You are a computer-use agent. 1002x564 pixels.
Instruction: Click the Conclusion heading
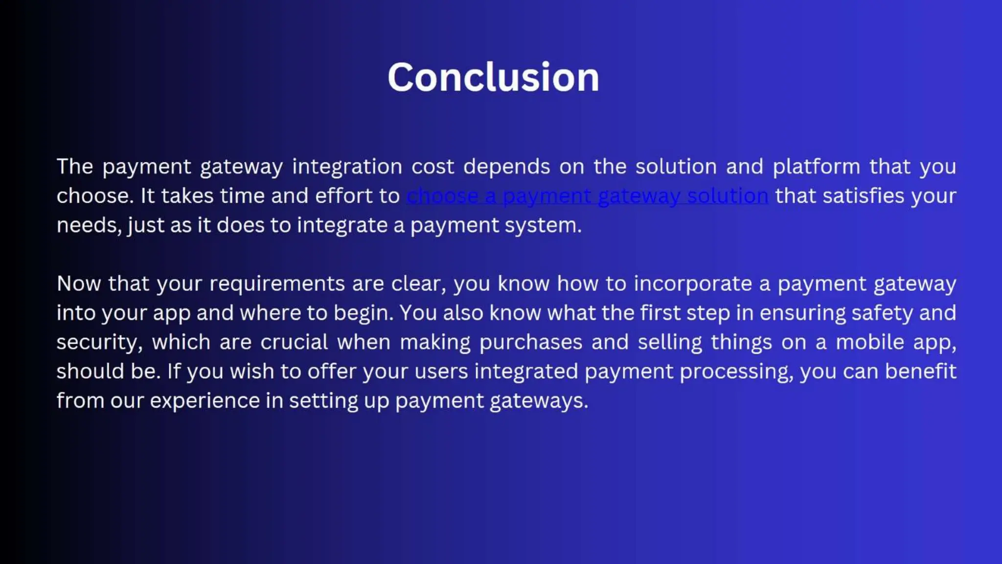[493, 77]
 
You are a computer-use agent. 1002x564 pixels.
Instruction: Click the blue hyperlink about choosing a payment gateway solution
[587, 196]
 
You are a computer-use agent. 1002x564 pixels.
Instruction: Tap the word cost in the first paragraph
[433, 167]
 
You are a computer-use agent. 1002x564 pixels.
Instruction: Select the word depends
[506, 167]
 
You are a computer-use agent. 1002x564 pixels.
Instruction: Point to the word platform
[816, 167]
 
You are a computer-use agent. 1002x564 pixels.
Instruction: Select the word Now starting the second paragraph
[78, 284]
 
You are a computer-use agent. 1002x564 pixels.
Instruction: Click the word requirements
[277, 284]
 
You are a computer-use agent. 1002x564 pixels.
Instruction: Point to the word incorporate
[693, 284]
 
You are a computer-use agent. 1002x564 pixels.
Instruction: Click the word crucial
[294, 342]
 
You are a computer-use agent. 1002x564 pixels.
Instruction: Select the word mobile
[870, 342]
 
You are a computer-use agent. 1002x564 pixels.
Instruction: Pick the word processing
[736, 372]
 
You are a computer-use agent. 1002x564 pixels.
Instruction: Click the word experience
[205, 401]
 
